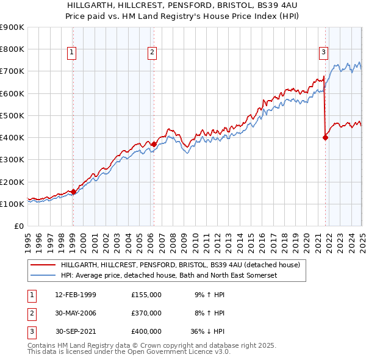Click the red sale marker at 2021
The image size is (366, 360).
tap(325, 137)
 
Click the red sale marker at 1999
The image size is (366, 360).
tap(73, 192)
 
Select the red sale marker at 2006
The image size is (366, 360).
tap(154, 144)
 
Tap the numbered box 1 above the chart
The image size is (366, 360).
tap(72, 52)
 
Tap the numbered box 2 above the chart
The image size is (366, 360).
tap(151, 52)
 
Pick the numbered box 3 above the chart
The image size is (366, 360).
tap(323, 52)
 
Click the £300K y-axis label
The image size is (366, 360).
tap(12, 160)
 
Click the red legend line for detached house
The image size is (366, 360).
tap(42, 265)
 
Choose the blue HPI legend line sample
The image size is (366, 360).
tap(42, 276)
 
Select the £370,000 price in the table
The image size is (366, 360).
tap(146, 313)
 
